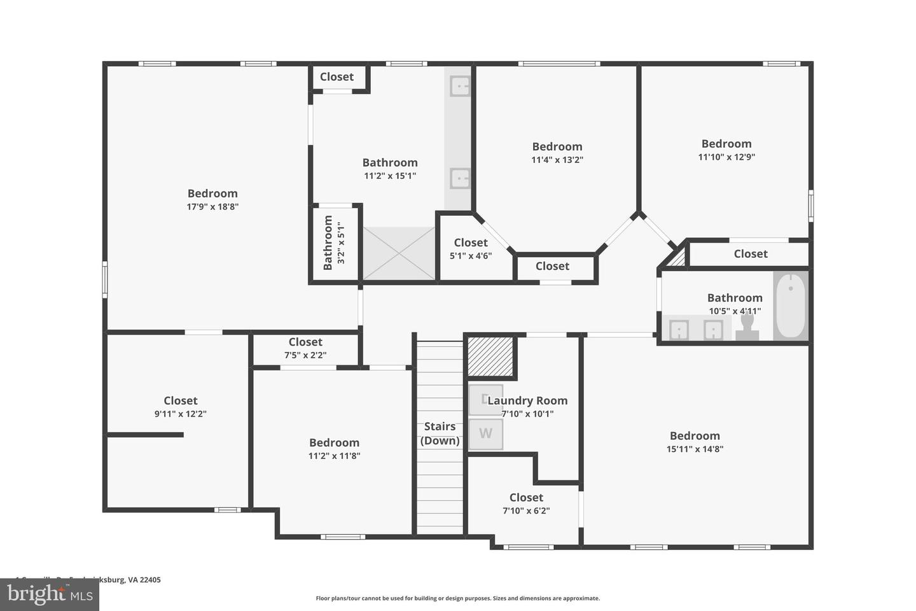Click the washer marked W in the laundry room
tap(485, 434)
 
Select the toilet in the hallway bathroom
tap(747, 327)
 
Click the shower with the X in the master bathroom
tap(399, 253)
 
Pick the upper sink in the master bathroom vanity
tap(460, 85)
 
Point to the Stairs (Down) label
tap(440, 433)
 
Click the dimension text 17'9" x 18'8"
tap(212, 207)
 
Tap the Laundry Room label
tap(527, 400)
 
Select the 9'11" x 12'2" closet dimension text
tap(181, 414)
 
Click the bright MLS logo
tap(49, 594)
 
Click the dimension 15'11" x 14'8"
tap(695, 449)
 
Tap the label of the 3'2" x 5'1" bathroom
tap(328, 242)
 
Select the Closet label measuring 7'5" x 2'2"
tap(305, 342)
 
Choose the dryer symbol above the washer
tap(485, 400)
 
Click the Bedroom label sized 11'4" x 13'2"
tap(557, 146)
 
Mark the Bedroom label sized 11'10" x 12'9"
tap(726, 144)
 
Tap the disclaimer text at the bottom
tap(458, 598)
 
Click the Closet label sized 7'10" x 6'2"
tap(526, 497)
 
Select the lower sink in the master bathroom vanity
tap(460, 178)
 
